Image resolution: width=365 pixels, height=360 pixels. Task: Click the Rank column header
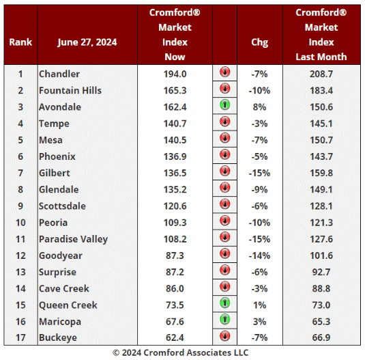[x=20, y=42]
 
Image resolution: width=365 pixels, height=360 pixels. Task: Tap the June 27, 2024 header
[x=87, y=42]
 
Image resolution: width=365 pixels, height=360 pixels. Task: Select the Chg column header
[x=259, y=42]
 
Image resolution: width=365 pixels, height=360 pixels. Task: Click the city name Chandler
[x=59, y=74]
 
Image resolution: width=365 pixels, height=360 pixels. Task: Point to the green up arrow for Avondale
[x=225, y=105]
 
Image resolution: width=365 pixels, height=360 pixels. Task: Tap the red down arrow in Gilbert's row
[x=225, y=171]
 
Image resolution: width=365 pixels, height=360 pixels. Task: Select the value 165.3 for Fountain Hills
[x=175, y=90]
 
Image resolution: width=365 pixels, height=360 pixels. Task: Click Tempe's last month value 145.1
[x=321, y=124]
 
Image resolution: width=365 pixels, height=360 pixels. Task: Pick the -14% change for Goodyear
[x=259, y=255]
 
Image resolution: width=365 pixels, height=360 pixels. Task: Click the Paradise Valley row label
[x=73, y=239]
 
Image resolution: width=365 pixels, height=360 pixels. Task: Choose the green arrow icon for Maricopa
[x=225, y=319]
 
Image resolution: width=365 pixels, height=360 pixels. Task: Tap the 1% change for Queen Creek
[x=259, y=305]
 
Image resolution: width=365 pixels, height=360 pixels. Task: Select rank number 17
[x=20, y=337]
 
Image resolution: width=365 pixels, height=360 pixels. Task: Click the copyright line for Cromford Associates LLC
[x=181, y=352]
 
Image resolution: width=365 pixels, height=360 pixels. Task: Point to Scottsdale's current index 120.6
[x=175, y=206]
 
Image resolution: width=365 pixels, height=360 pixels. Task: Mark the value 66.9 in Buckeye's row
[x=321, y=337]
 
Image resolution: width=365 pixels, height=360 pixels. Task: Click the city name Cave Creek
[x=64, y=289]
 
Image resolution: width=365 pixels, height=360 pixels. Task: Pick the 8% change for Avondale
[x=259, y=107]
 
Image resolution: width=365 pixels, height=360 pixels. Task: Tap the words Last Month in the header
[x=321, y=57]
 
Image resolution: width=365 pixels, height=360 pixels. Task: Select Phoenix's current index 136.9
[x=175, y=156]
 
